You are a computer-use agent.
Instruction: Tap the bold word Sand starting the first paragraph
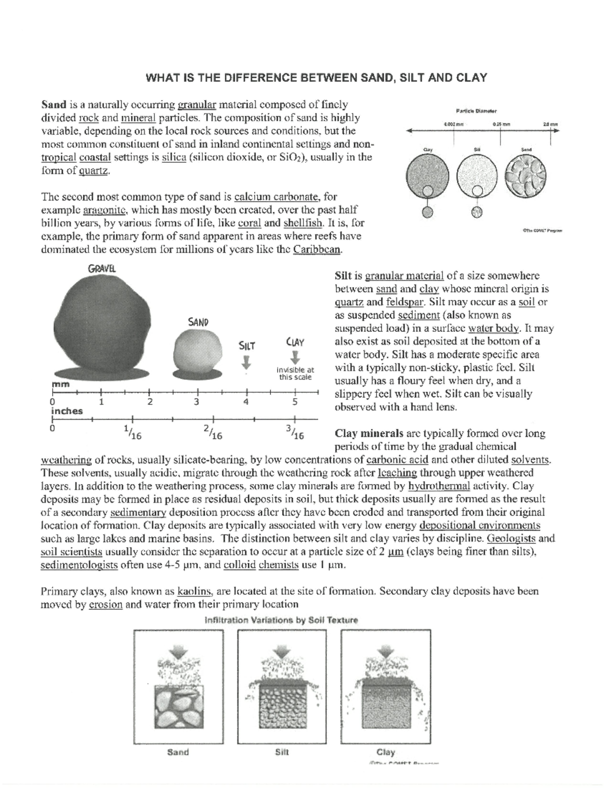[53, 105]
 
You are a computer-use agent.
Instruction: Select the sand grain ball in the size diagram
[198, 352]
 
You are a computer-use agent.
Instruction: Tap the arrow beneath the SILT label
[247, 362]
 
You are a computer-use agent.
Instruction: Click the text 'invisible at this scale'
[296, 373]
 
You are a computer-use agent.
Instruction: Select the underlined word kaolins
[195, 591]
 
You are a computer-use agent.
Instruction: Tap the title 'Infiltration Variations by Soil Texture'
[281, 620]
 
